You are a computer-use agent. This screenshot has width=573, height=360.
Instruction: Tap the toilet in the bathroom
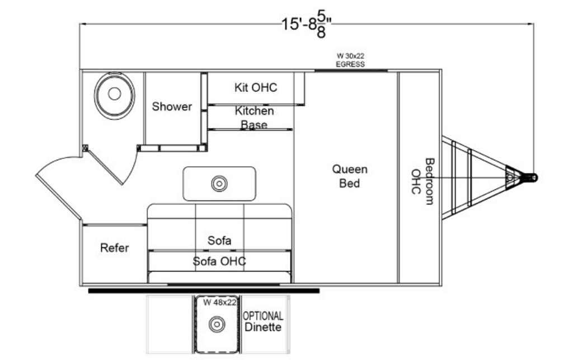point(114,95)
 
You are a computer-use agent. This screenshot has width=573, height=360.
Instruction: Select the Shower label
point(172,106)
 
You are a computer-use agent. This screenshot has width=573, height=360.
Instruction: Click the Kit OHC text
point(255,87)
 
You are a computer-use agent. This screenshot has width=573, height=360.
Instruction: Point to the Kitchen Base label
point(254,118)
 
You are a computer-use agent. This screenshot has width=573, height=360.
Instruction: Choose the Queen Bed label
point(350,176)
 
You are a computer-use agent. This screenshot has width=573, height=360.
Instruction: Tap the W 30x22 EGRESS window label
point(350,60)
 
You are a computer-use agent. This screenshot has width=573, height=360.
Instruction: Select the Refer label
point(114,247)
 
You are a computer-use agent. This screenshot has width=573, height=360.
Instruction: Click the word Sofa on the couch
point(219,240)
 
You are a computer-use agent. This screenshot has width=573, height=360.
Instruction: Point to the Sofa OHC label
point(219,261)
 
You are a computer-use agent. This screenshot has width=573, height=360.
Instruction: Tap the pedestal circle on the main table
point(219,184)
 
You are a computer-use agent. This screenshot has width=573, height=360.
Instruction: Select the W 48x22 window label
point(219,302)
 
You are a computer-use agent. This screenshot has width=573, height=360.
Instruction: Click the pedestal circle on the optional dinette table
point(217,324)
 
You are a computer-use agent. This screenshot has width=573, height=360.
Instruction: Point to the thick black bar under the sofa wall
point(204,291)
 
